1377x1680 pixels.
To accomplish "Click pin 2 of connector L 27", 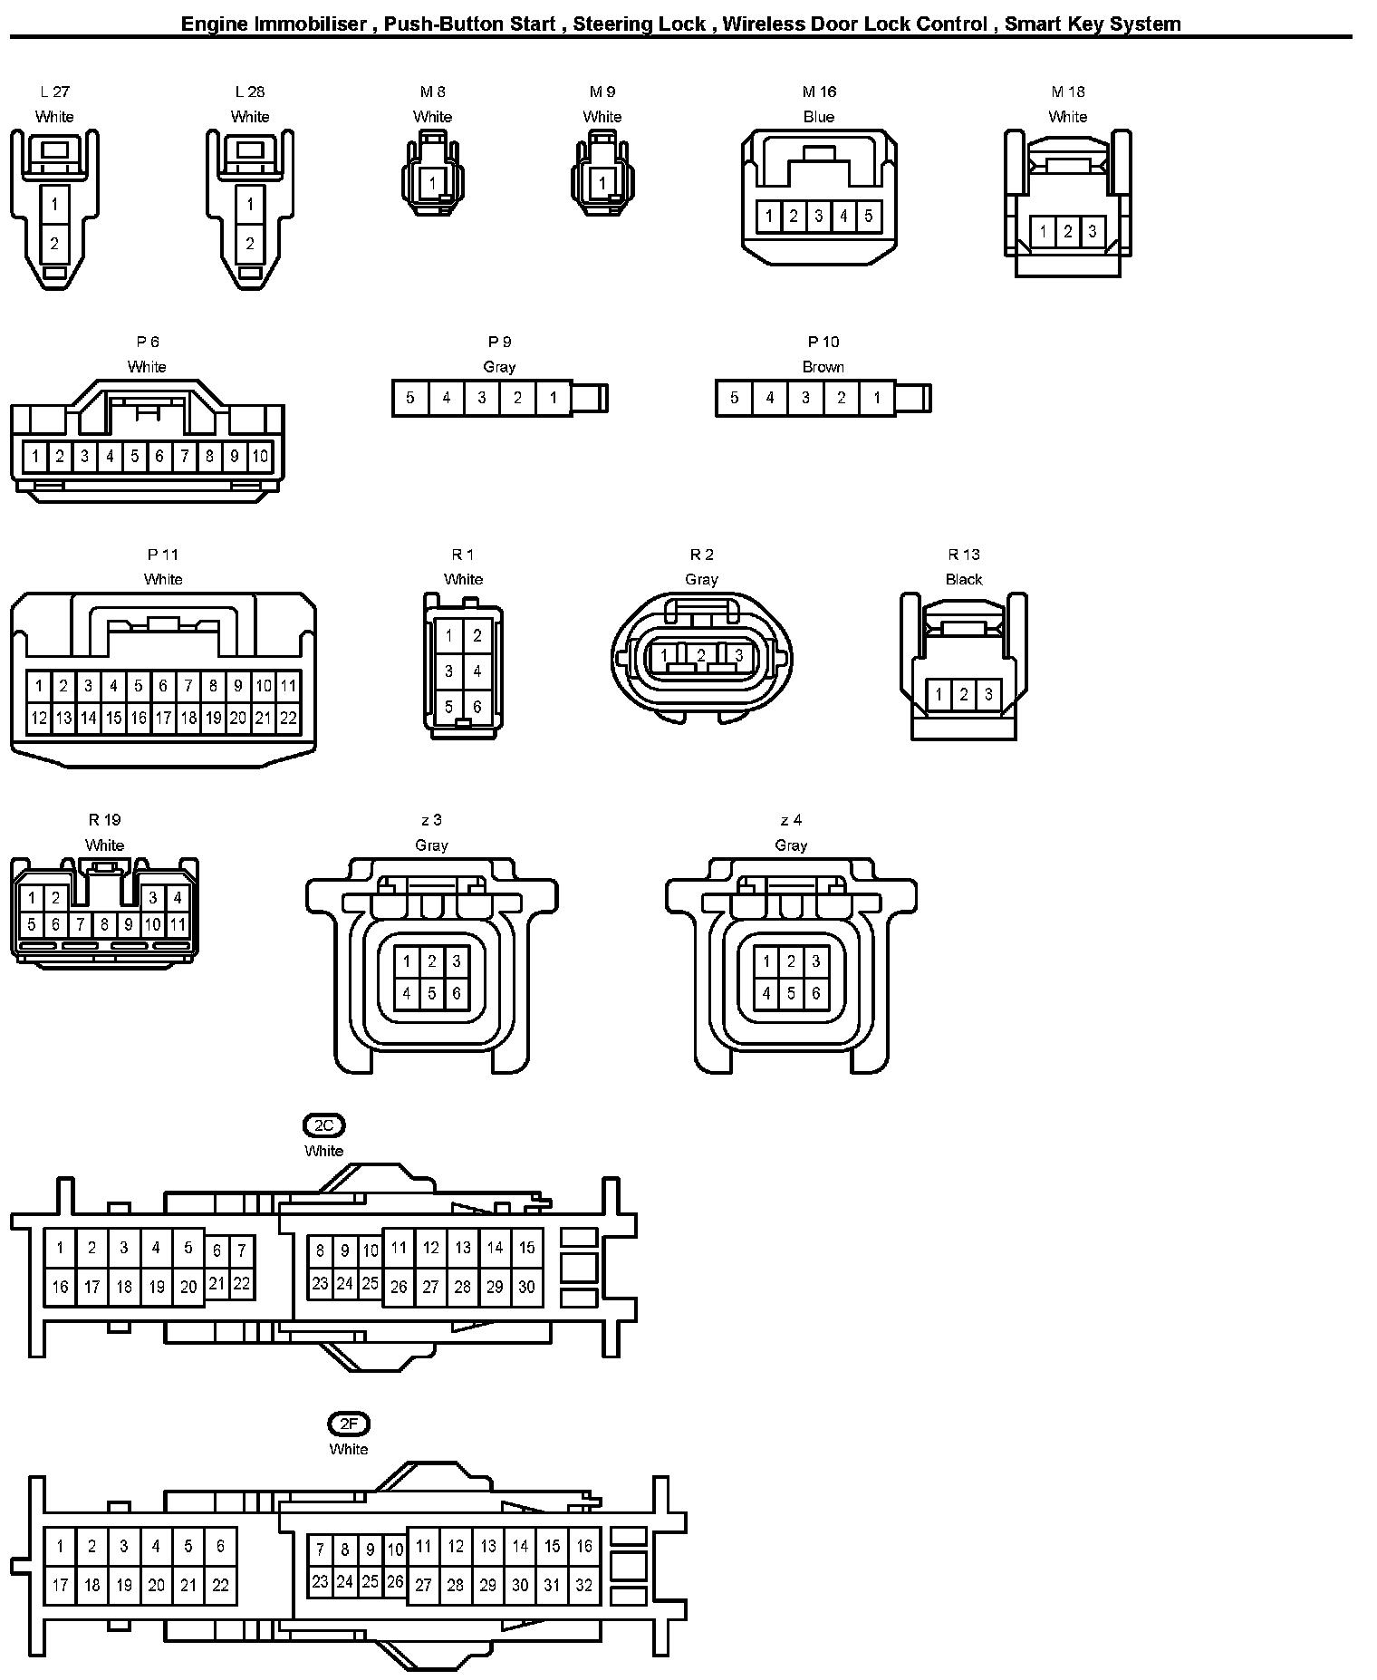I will [54, 243].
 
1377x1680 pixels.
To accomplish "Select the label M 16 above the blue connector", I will [819, 92].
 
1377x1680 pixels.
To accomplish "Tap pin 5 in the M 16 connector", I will [868, 216].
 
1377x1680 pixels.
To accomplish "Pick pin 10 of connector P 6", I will [259, 456].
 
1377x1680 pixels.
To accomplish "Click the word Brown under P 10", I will [823, 367].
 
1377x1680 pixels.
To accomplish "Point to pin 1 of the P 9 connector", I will [553, 398].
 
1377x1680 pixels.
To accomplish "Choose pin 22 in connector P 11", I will [288, 719].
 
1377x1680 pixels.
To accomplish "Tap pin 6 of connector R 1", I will [477, 707].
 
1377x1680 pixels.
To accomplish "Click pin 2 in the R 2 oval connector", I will [701, 654].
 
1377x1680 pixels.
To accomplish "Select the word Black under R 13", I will [963, 579].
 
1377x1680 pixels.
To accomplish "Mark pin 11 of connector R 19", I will [178, 925].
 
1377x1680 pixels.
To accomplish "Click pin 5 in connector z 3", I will [431, 993].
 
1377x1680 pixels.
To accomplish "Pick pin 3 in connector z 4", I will [815, 961].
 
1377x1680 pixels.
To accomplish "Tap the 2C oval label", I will [323, 1125].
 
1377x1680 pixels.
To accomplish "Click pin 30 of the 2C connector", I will [526, 1287].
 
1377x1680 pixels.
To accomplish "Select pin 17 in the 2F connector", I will [60, 1585].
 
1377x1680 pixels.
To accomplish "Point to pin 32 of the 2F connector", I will [584, 1585].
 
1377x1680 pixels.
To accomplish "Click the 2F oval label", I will [348, 1424].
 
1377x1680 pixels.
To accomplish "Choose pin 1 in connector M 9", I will [602, 184].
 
